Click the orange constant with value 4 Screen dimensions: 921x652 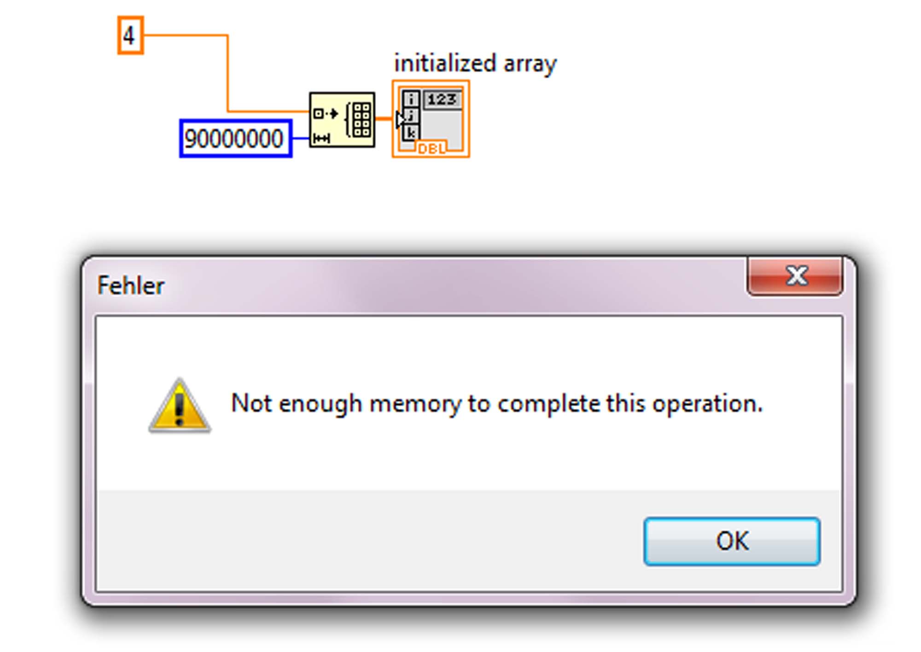(x=131, y=35)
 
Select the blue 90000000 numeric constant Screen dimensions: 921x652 (x=236, y=138)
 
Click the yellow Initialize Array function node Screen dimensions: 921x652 (x=342, y=120)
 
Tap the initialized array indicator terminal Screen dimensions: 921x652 (x=431, y=119)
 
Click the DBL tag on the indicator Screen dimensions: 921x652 (x=431, y=148)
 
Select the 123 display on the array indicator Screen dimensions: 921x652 (x=442, y=99)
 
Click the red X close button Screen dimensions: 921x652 (x=795, y=276)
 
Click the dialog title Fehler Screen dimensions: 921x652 (x=131, y=285)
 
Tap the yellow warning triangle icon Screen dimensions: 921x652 (x=180, y=406)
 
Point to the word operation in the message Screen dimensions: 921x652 (x=707, y=404)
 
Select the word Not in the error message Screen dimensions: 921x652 (x=251, y=403)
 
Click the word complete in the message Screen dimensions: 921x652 (x=548, y=404)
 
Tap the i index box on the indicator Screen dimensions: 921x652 (x=411, y=99)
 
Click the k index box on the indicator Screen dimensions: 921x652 (x=411, y=133)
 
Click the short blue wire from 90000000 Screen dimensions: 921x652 (x=301, y=138)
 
